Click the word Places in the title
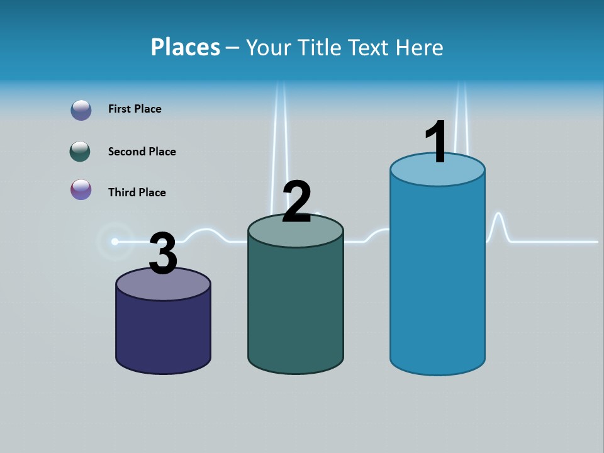[185, 47]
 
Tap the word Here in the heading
[419, 47]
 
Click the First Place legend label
[135, 109]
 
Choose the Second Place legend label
[142, 152]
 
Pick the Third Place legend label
[137, 193]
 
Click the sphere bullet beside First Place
[81, 110]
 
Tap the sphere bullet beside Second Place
[80, 152]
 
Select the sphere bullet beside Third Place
[81, 189]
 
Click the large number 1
[436, 142]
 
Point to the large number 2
[297, 202]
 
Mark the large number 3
[163, 254]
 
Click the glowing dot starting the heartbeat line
[115, 241]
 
